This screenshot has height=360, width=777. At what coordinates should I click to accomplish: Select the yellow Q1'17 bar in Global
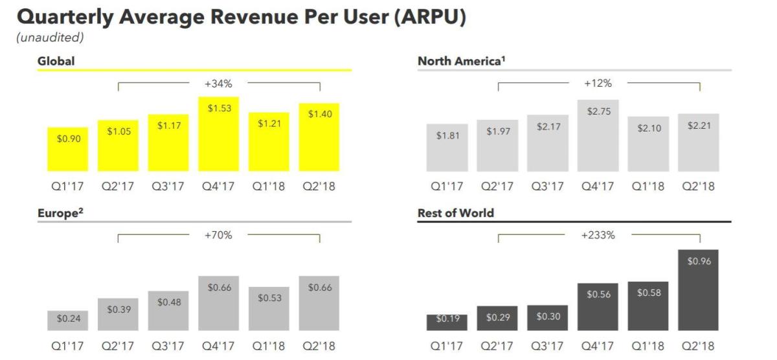point(68,150)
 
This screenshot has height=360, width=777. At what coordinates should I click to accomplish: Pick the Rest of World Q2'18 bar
point(698,290)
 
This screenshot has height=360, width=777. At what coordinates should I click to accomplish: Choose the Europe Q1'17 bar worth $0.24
point(68,321)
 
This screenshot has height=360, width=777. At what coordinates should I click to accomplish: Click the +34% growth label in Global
point(219,84)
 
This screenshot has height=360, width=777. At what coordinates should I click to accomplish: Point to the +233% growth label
point(598,236)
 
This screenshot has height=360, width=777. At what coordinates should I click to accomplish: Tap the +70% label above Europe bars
point(219,236)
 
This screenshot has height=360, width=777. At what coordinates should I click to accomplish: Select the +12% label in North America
point(598,84)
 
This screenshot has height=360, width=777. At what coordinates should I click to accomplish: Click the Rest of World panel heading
point(456,213)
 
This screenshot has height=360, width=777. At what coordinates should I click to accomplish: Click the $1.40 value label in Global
point(320,115)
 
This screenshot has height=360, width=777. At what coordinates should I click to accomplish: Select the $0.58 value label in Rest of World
point(648,293)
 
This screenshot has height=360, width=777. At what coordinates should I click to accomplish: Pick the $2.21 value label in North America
point(699,126)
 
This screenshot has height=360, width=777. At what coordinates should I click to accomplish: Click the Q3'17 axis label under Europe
point(168,346)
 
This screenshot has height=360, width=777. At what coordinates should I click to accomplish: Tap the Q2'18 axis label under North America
point(699,186)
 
